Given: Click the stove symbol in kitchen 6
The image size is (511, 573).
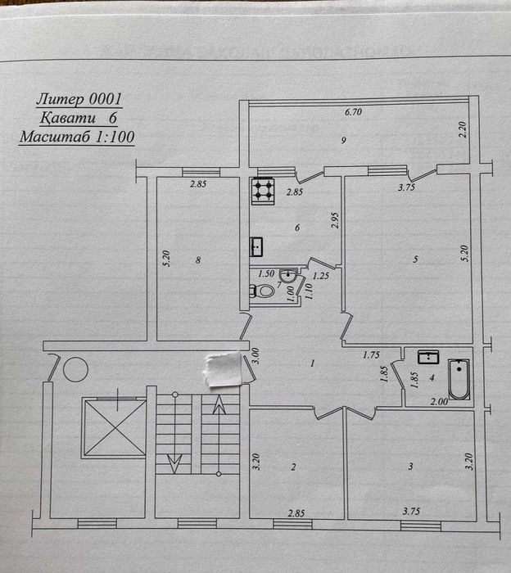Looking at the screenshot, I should pyautogui.click(x=263, y=192).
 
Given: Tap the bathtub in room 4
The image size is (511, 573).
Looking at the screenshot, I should pyautogui.click(x=458, y=381).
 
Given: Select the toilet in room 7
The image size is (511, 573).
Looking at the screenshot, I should pyautogui.click(x=263, y=291).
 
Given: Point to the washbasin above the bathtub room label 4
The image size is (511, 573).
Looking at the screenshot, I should pyautogui.click(x=429, y=356).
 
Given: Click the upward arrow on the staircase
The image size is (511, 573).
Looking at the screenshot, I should pyautogui.click(x=219, y=406).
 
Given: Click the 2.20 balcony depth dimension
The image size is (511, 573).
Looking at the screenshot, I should pyautogui.click(x=463, y=129).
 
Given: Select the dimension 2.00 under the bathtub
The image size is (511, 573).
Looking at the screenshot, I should pyautogui.click(x=439, y=401).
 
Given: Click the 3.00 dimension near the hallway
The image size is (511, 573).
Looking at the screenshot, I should pyautogui.click(x=255, y=356).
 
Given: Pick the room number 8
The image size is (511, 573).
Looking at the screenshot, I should pyautogui.click(x=197, y=260).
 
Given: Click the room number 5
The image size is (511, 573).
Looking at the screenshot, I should pyautogui.click(x=416, y=259).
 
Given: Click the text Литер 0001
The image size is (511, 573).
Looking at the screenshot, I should pyautogui.click(x=79, y=99).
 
